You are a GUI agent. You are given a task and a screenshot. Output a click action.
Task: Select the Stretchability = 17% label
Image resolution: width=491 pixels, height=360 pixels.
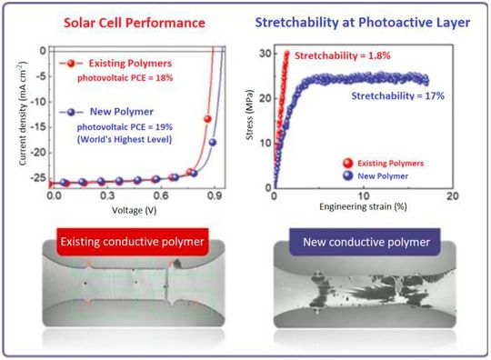pos(397,94)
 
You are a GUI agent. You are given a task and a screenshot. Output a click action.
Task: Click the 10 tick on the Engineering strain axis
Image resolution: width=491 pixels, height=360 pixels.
pos(364,196)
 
